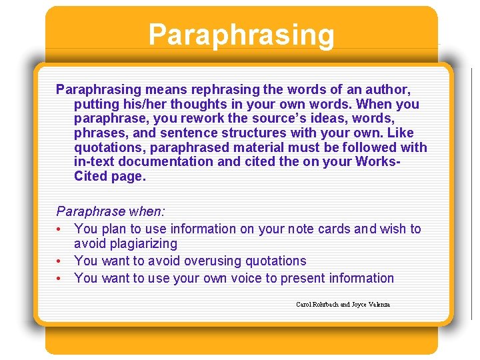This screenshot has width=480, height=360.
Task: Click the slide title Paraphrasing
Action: (241, 35)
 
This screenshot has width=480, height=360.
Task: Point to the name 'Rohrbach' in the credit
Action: (325, 305)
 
